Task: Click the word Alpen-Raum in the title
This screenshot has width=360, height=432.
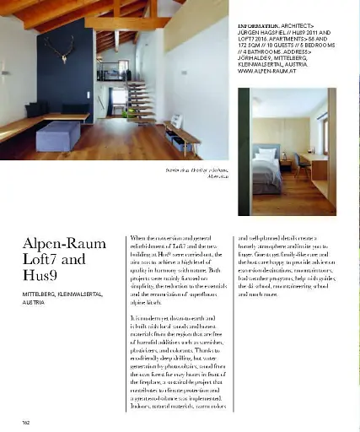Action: point(63,245)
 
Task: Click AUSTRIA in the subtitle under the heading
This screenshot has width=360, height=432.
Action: point(34,301)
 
